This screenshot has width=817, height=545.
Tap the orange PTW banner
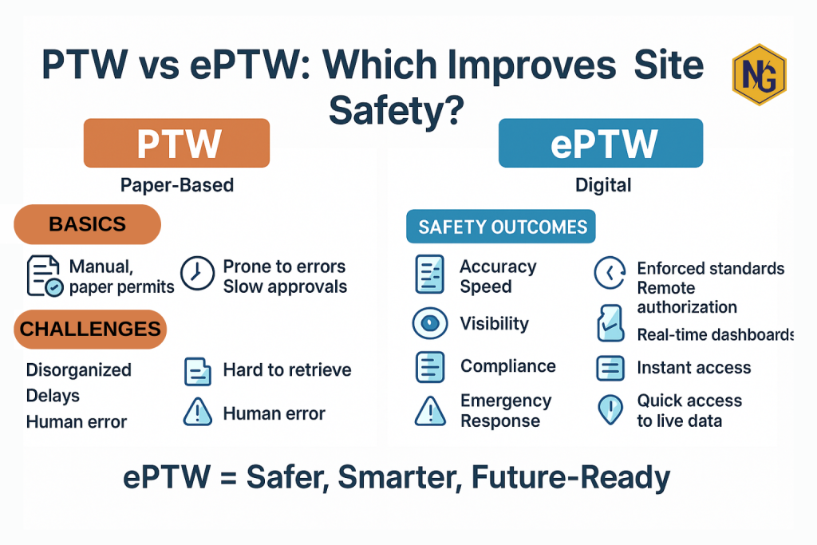[x=176, y=144]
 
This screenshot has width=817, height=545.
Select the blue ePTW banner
[x=600, y=144]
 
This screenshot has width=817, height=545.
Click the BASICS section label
[x=88, y=224]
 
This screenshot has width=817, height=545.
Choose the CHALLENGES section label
[x=90, y=328]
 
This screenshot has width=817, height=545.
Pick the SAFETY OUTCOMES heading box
[x=502, y=227]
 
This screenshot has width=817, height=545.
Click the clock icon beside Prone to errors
[x=195, y=273]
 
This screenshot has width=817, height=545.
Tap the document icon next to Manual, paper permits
[x=45, y=276]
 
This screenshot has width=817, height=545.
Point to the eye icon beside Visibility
[x=429, y=323]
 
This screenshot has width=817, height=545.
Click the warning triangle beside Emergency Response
[x=429, y=411]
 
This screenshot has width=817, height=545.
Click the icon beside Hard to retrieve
[x=197, y=371]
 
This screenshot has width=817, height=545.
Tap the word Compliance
[x=507, y=366]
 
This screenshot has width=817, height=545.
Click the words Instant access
[x=693, y=368]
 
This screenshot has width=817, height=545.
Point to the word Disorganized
[x=78, y=370]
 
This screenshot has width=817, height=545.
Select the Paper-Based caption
[x=177, y=185]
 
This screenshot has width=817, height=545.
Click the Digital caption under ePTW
[x=603, y=185]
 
